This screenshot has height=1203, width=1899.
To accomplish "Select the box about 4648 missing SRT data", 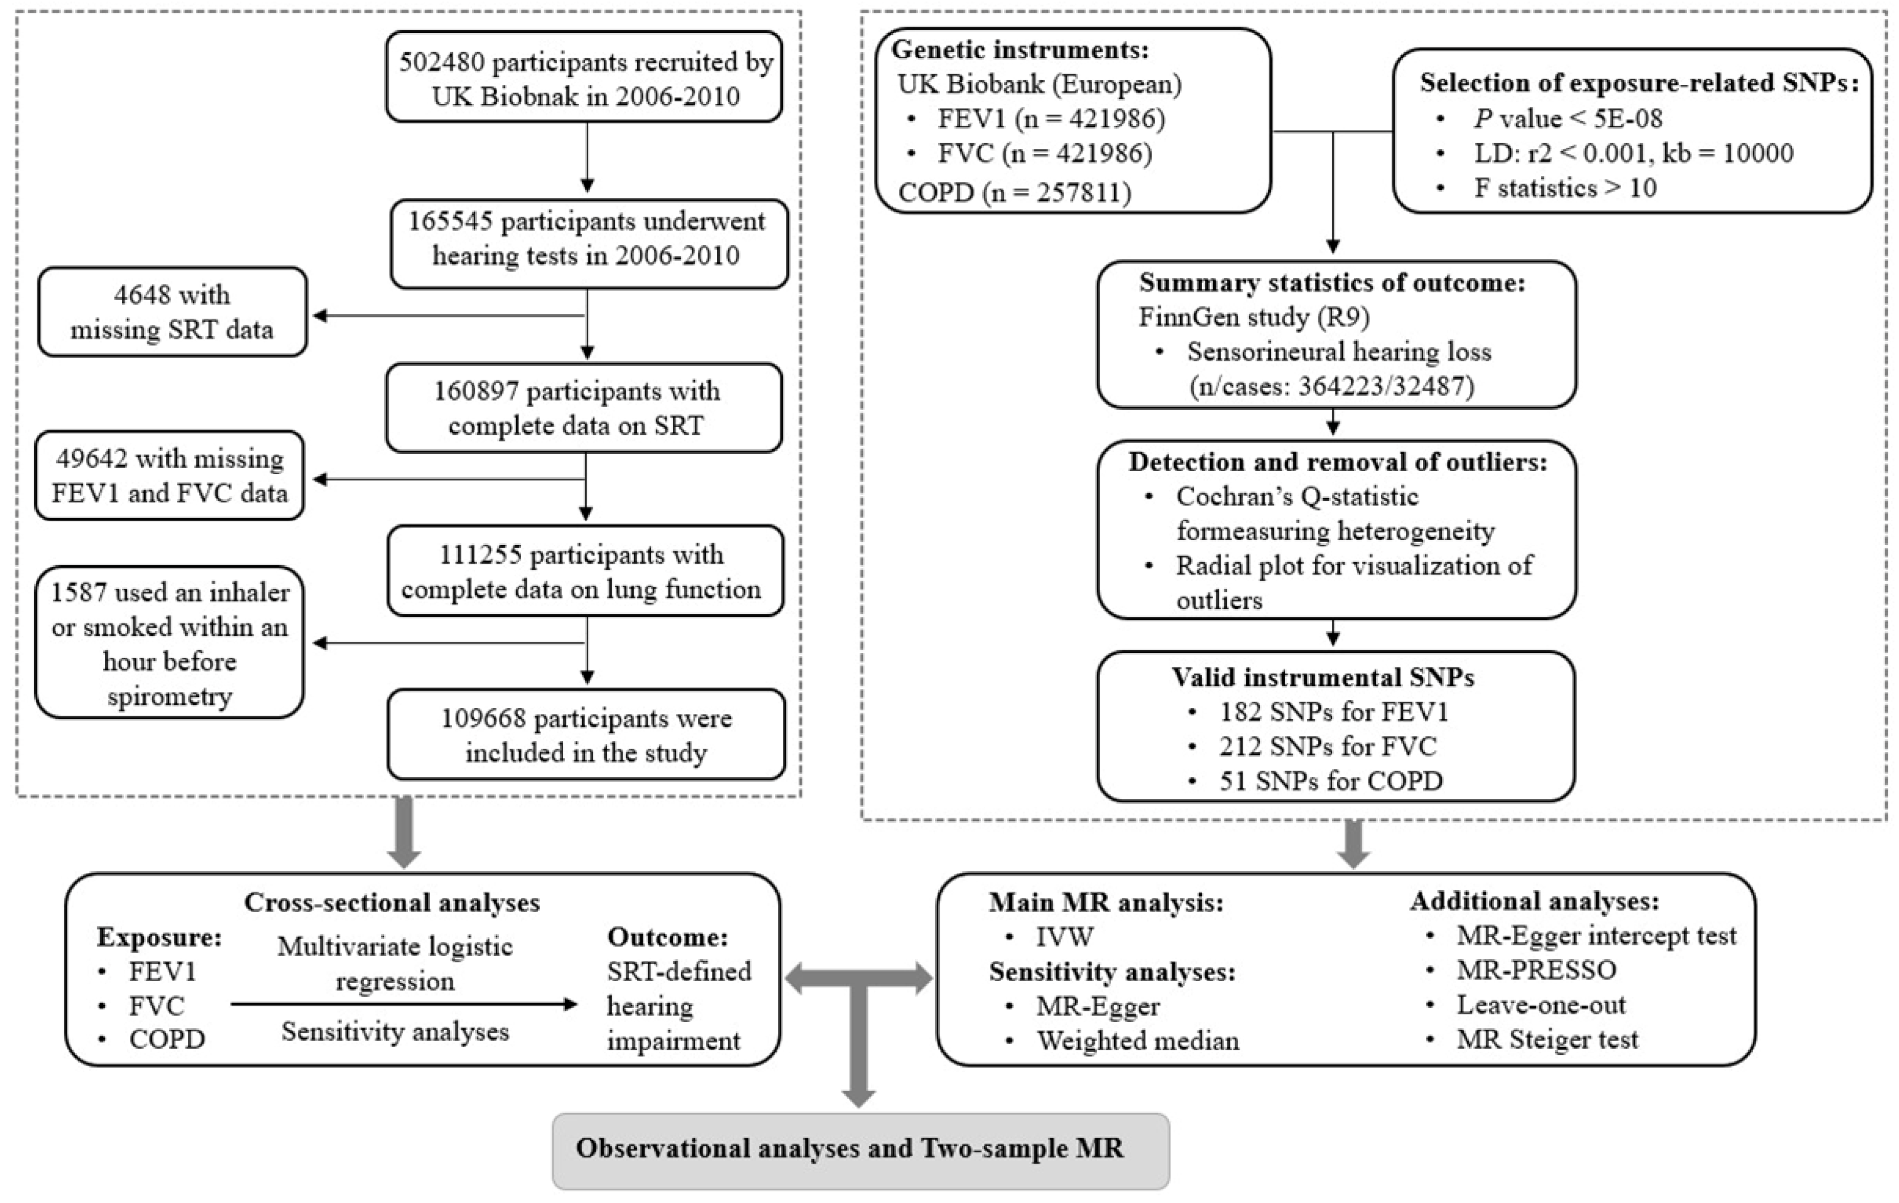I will pos(172,312).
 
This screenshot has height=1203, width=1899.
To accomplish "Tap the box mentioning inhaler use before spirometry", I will pos(170,643).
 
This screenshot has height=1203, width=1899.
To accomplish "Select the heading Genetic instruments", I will pos(1020,50).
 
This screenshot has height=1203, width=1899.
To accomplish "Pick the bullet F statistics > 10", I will pos(1565,188).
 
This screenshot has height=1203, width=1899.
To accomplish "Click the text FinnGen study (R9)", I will pos(1254,317).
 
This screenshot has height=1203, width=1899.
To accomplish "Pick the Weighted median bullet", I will pos(1137,1042).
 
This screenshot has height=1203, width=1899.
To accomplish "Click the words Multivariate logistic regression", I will pos(395,963).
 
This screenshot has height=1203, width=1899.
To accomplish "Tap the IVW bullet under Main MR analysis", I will pos(1064,937).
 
